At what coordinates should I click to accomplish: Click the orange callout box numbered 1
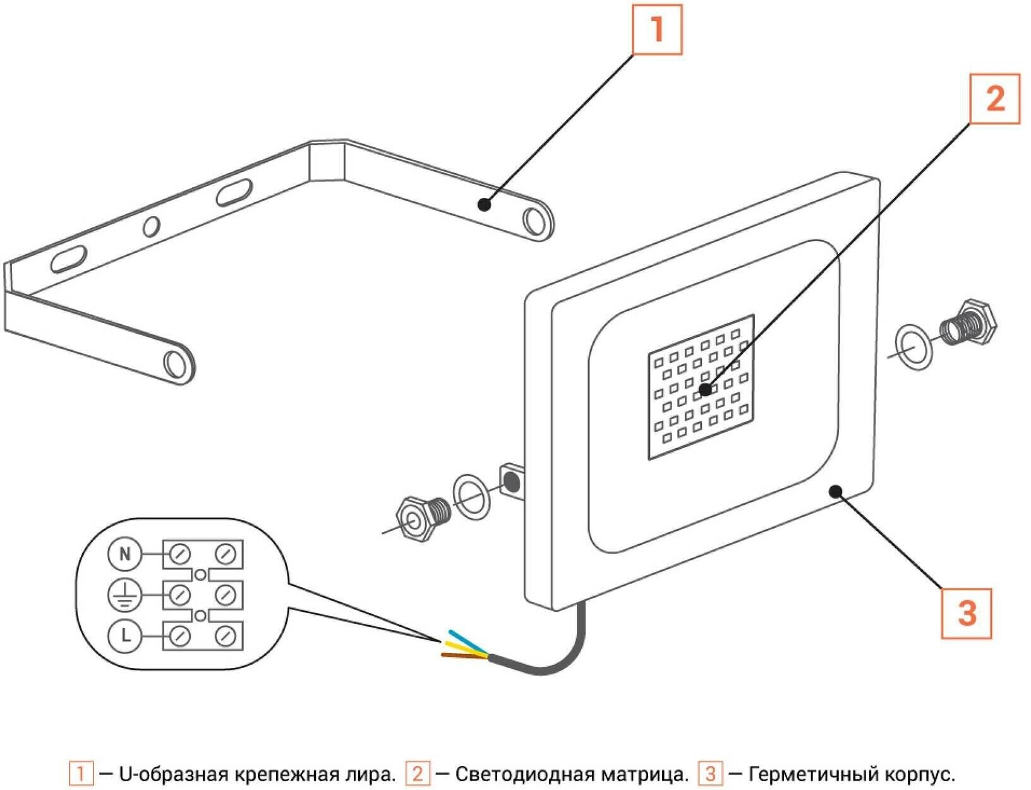(x=657, y=30)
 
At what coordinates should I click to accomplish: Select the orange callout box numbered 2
(x=994, y=99)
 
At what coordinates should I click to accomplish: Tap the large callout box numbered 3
(x=966, y=614)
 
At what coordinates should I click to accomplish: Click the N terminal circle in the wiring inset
(x=124, y=554)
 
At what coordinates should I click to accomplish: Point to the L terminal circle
(x=124, y=636)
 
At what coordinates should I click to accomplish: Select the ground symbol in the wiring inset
(x=124, y=595)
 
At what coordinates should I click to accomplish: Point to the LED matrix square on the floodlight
(x=701, y=386)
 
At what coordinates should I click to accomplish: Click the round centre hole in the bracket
(x=151, y=226)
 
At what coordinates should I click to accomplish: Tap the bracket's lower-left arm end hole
(x=173, y=363)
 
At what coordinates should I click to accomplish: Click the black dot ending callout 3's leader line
(x=836, y=491)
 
